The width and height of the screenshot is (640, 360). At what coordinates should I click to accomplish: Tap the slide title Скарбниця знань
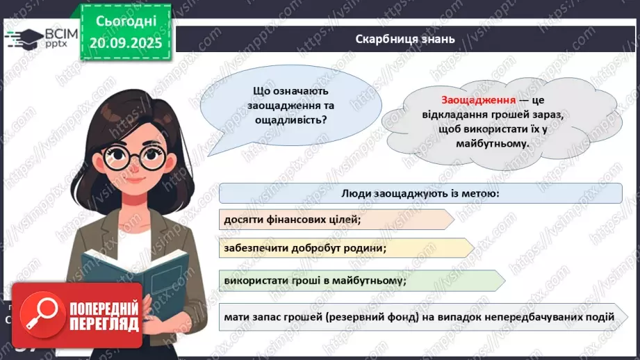point(405,39)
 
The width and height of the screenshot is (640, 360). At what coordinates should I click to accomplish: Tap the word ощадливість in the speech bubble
point(290,120)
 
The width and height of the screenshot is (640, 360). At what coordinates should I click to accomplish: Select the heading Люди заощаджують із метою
point(420,193)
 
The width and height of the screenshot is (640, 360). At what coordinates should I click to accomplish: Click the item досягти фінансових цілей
point(293,220)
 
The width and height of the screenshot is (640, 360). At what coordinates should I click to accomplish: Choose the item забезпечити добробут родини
point(305,247)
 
